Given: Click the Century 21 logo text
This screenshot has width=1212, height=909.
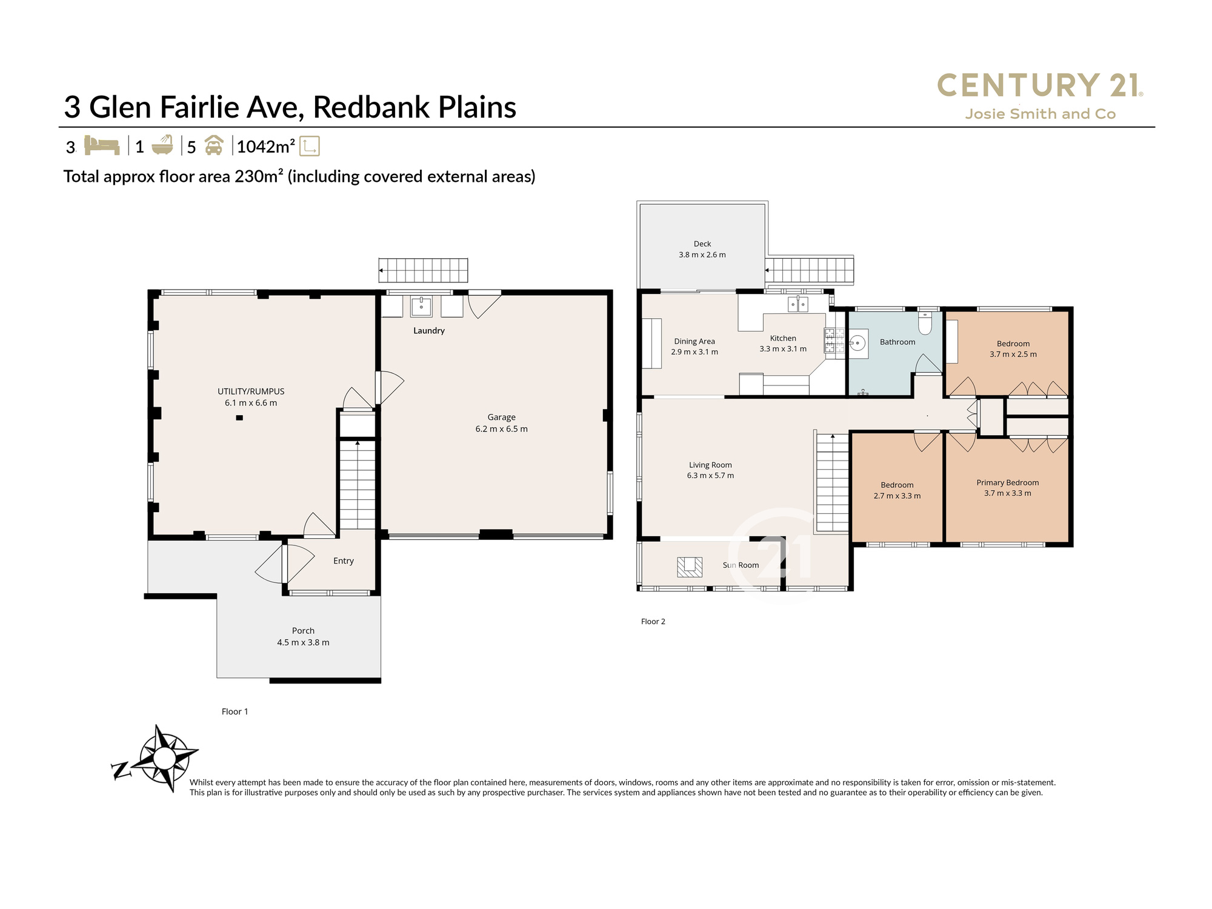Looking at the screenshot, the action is (1040, 85).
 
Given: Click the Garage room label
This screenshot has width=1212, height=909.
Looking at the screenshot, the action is (501, 417).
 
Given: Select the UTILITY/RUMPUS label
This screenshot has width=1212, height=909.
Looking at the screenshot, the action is (251, 391).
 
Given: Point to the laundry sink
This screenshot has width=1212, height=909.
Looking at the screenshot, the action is (421, 307).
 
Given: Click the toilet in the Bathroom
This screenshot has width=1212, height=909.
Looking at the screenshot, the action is (925, 324).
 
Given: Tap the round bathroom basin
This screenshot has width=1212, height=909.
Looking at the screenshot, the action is (857, 344).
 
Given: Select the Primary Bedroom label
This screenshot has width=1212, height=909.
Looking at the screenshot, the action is (1007, 482).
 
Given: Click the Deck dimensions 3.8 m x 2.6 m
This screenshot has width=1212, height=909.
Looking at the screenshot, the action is (702, 255).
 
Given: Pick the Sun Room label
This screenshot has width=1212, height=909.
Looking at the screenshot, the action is (741, 565).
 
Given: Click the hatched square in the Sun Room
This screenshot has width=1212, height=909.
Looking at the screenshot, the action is (690, 567).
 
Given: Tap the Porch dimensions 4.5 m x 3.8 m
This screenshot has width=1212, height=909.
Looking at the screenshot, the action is (303, 642).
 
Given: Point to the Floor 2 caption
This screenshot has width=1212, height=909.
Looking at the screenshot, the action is (653, 621).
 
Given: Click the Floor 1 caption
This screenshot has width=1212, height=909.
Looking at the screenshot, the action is (235, 711).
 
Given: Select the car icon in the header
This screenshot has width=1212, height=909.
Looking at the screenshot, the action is (214, 145).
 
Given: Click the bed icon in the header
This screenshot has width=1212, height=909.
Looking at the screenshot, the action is (101, 145).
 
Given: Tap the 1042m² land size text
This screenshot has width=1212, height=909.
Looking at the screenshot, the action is (265, 147).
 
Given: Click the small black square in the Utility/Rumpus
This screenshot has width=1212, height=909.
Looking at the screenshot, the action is (239, 418).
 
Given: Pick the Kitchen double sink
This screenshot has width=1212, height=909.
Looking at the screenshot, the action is (797, 304).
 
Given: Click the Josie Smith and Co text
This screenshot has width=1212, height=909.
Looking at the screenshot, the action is (1040, 114).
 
